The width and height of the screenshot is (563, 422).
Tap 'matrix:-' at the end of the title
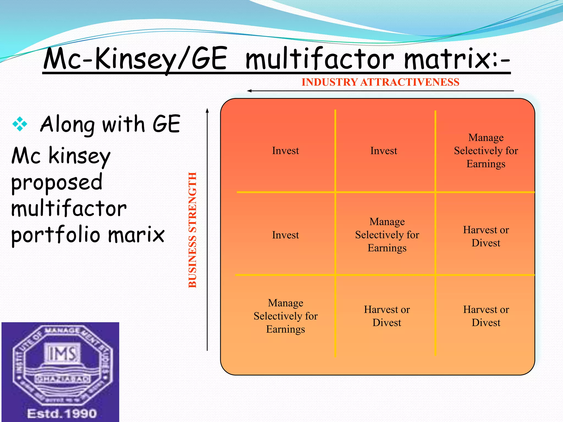[456, 59]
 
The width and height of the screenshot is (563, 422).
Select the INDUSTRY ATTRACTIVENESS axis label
[380, 82]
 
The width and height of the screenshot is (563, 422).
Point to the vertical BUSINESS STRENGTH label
[193, 230]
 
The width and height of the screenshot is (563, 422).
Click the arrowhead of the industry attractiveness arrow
[249, 91]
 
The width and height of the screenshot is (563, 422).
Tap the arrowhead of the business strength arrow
[207, 110]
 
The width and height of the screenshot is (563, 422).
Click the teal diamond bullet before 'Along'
[20, 124]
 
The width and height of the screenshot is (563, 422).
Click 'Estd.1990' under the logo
[62, 413]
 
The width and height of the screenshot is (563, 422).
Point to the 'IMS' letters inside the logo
[62, 354]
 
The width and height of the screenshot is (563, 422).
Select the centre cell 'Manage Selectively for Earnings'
[387, 235]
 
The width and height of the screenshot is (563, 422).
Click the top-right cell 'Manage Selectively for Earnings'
[486, 151]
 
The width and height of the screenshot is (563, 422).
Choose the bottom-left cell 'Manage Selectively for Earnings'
[285, 316]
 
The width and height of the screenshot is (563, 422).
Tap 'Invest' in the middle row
[285, 235]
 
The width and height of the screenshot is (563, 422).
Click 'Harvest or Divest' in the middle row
[486, 236]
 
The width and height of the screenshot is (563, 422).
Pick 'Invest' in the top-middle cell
[383, 151]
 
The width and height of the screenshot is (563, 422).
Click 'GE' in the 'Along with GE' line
[166, 124]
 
